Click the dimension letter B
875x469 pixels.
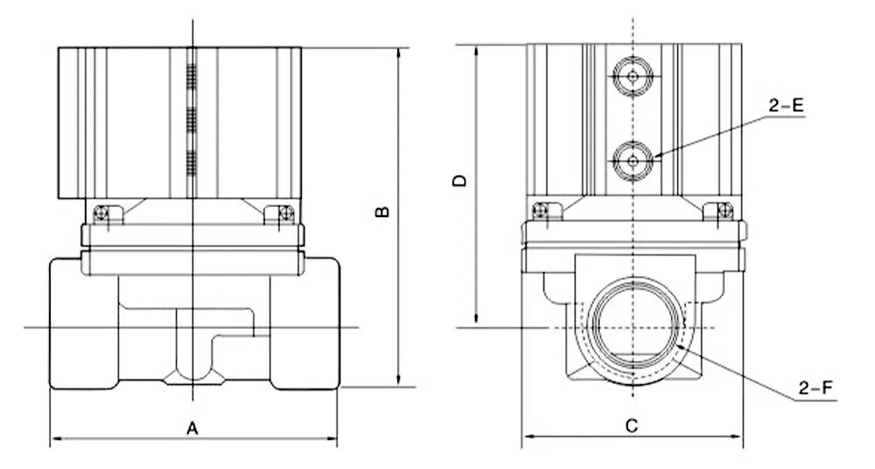click(x=381, y=213)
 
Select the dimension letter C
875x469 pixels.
click(x=632, y=426)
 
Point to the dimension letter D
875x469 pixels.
click(x=460, y=181)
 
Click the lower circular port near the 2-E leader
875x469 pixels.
click(x=632, y=159)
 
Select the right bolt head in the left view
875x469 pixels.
click(x=283, y=213)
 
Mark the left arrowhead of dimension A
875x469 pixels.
click(x=53, y=437)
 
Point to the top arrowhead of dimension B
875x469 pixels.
click(x=399, y=52)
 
